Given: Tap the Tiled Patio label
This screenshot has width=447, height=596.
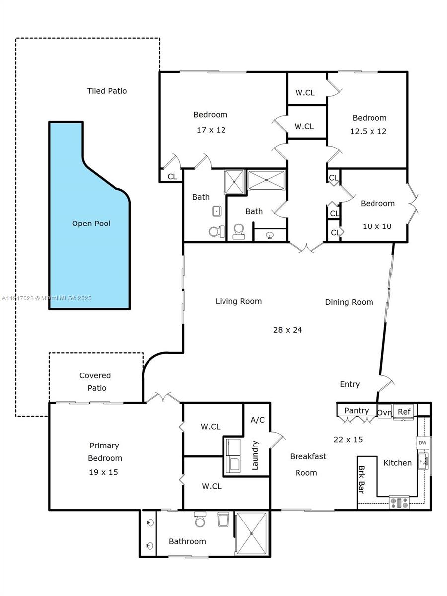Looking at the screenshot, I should click(107, 91).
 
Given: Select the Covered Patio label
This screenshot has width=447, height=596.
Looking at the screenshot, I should click(96, 382).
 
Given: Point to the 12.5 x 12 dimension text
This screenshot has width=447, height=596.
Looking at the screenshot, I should click(369, 131).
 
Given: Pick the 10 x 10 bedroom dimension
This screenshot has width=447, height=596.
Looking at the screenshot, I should click(377, 226).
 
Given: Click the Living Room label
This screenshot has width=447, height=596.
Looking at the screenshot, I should click(238, 301).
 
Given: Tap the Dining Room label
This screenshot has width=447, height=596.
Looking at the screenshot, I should click(349, 302).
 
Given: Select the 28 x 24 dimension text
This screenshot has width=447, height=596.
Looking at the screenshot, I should click(288, 330).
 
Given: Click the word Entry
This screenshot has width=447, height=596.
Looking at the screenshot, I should click(350, 384).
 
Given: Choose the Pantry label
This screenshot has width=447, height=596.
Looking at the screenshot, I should click(356, 410).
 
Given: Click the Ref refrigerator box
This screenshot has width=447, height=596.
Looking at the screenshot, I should click(404, 412).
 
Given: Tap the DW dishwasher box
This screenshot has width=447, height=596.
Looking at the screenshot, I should click(422, 443).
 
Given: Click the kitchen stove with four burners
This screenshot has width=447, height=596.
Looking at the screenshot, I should click(399, 503).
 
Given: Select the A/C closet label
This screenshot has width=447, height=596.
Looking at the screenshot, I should click(257, 420).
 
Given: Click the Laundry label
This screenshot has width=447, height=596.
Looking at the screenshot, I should click(255, 454).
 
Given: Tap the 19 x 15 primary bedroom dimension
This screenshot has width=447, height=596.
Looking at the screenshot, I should click(103, 472).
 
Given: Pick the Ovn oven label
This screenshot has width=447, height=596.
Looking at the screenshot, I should click(384, 412).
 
